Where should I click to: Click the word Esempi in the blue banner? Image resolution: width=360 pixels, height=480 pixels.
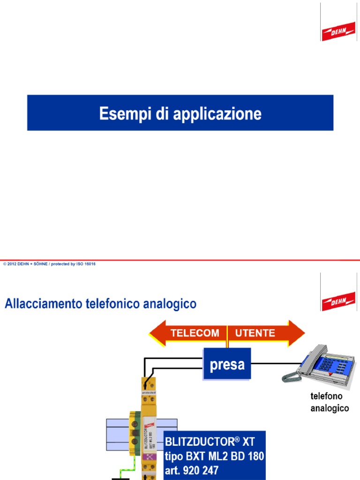point(120,113)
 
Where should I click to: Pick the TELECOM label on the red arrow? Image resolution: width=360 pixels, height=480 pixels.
point(195,333)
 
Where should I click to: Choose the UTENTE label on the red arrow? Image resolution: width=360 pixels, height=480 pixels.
point(255,333)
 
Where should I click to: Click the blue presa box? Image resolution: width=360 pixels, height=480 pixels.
point(227,364)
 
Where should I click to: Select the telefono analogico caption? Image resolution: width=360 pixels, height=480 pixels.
point(330,402)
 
